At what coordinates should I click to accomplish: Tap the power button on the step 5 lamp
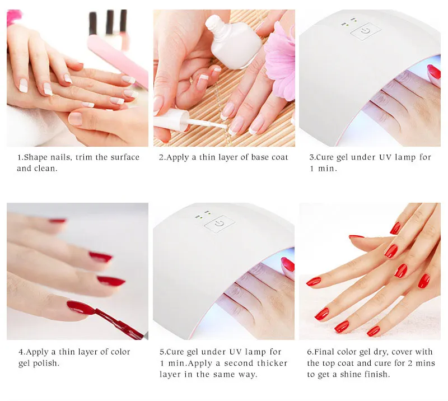pos(220,224)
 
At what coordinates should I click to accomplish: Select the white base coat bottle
pos(232,42)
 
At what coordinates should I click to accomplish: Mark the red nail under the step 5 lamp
pos(288,265)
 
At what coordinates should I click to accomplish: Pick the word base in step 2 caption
pos(253,157)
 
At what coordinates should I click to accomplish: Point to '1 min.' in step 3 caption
pos(323,169)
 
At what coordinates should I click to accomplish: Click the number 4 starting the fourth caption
pos(21,352)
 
